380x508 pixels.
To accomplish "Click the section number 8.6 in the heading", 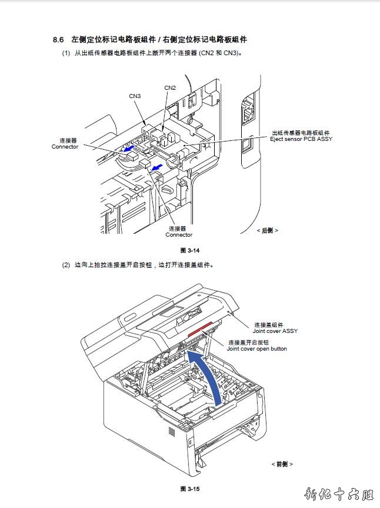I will point(58,40).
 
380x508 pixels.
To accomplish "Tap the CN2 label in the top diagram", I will point(170,88).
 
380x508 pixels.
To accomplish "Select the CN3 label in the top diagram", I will point(135,96).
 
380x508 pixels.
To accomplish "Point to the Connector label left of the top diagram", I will point(65,147).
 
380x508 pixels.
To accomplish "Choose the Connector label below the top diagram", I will point(179,235).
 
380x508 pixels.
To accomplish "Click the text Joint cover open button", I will point(257,349).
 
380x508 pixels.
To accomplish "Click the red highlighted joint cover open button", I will point(200,332).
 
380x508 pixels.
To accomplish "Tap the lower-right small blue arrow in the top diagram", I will point(156,169).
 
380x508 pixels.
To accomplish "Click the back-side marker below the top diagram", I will point(267,230).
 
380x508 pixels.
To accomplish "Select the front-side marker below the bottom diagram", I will point(282,464).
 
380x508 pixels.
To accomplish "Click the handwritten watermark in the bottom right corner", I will point(341,494).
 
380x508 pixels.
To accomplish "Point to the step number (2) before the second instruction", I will point(66,265).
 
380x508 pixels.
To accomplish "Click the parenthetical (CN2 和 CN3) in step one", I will point(221,53).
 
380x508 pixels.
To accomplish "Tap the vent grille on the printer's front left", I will point(172,433).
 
